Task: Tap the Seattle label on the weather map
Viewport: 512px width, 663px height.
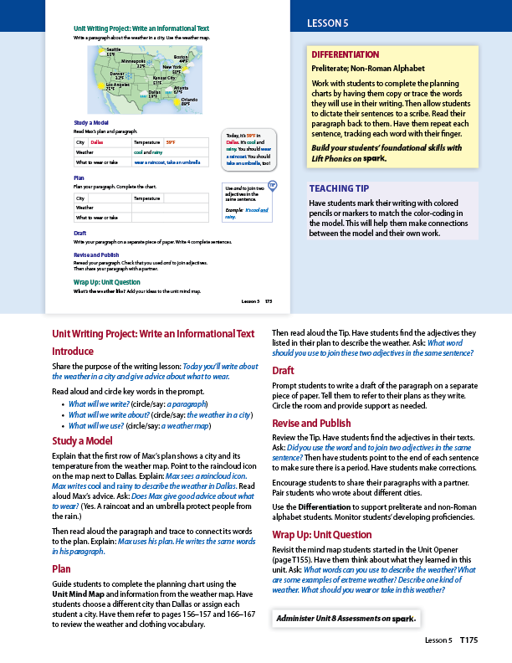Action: [113, 50]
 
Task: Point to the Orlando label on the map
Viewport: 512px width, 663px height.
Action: [187, 100]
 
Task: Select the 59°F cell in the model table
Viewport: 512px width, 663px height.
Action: [171, 142]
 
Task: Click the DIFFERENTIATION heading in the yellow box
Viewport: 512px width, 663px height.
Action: [346, 54]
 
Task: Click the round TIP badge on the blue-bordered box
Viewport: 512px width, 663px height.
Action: [272, 184]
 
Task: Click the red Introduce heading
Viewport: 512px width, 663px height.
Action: [73, 352]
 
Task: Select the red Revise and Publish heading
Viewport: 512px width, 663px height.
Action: [311, 424]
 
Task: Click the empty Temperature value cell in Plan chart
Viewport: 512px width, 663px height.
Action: [183, 198]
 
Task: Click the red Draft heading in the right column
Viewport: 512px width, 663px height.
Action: [284, 370]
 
